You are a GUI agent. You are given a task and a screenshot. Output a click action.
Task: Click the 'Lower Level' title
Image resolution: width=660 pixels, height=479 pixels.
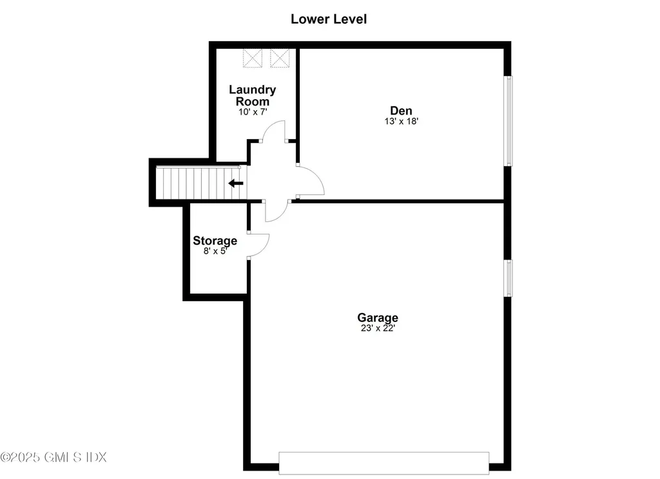[x=329, y=19]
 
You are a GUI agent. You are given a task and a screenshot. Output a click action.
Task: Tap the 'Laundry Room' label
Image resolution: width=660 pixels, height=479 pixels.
[x=252, y=95]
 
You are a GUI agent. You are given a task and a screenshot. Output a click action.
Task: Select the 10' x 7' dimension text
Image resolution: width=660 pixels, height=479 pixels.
[x=252, y=112]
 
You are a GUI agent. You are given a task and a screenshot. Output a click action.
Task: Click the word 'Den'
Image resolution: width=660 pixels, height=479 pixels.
[x=400, y=110]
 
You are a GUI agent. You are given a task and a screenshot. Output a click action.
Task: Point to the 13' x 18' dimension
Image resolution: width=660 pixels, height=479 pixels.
[x=400, y=121]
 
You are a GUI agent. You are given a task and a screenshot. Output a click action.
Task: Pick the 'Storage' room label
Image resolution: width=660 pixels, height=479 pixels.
[x=215, y=241]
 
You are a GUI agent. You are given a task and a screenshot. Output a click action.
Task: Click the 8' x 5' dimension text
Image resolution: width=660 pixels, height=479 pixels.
[x=215, y=252]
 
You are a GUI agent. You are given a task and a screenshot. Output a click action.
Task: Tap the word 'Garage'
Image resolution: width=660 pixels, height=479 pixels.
[x=378, y=317]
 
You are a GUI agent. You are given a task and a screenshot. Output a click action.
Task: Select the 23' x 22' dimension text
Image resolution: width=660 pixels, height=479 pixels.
[x=378, y=328]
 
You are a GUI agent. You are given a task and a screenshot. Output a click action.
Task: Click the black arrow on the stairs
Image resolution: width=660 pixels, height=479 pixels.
[x=237, y=183]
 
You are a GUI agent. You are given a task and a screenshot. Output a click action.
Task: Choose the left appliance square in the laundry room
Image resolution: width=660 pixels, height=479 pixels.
[x=253, y=58]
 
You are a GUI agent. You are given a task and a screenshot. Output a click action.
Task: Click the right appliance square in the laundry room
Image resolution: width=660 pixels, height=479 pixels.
[x=280, y=58]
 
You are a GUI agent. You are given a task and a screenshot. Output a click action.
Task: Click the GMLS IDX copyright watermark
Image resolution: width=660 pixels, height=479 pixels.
[x=53, y=457]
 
